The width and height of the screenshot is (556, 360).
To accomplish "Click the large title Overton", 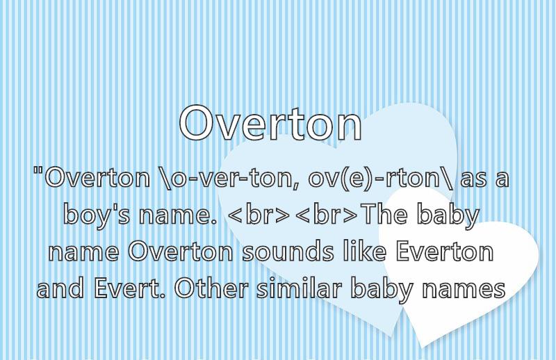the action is point(270,123).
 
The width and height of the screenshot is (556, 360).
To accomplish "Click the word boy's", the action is point(97,215).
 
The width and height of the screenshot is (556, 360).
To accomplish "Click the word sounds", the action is point(288,252).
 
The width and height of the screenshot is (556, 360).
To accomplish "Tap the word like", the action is point(364,251).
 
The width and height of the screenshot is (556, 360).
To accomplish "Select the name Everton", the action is point(445,252).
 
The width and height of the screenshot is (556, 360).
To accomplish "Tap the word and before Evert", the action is point(60,288).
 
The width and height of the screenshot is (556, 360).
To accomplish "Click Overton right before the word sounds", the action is point(181,252).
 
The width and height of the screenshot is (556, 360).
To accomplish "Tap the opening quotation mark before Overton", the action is point(38,170).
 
